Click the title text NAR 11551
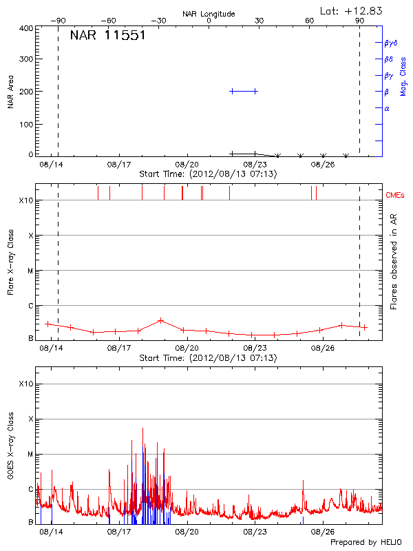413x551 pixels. tap(107, 36)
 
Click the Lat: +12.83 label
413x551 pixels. tap(352, 10)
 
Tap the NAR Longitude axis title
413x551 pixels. tap(209, 14)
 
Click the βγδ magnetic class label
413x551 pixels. tap(391, 43)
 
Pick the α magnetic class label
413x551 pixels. tap(387, 108)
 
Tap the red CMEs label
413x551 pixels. tap(396, 196)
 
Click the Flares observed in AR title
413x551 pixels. tap(393, 261)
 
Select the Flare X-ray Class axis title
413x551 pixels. tap(10, 261)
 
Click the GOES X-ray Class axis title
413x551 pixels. tap(10, 448)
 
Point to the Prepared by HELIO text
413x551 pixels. tap(364, 542)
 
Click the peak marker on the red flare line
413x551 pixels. tap(160, 320)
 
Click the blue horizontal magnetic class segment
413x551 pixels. tap(244, 91)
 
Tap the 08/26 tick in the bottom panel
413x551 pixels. tap(323, 532)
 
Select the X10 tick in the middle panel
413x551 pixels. tap(26, 200)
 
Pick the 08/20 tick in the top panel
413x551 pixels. tap(187, 165)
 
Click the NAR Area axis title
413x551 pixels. tap(10, 92)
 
